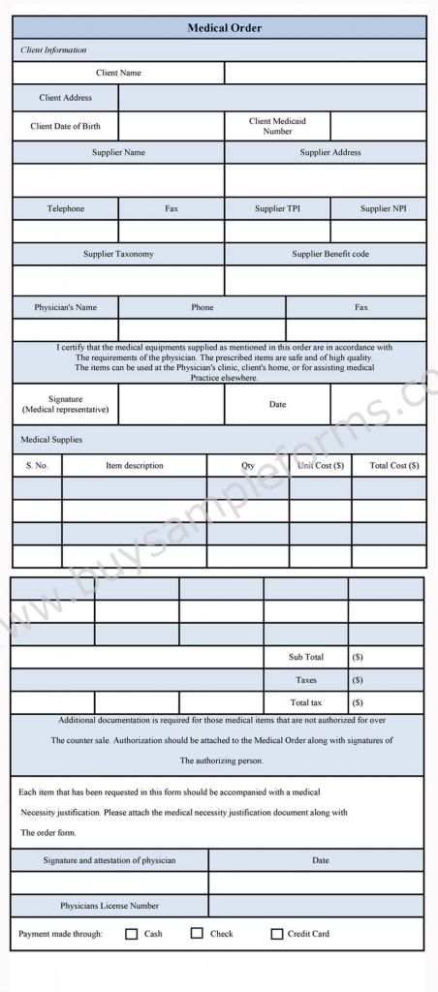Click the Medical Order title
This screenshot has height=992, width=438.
click(x=225, y=28)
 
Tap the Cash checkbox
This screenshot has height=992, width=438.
click(x=132, y=934)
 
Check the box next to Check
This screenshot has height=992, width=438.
click(x=197, y=933)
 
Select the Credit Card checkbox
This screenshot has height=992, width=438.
click(x=277, y=934)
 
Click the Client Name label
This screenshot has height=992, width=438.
click(x=118, y=73)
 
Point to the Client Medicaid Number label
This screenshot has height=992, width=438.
click(x=277, y=126)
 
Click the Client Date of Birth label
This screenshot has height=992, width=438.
click(x=65, y=126)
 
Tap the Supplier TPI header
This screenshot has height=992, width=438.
click(x=277, y=208)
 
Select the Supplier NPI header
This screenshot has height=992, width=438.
click(x=383, y=208)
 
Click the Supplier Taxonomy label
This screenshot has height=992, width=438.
click(x=118, y=254)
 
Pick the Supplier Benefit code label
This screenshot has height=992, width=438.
click(x=330, y=254)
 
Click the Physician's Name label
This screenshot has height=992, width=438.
click(x=65, y=307)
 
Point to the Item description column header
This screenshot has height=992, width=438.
click(x=135, y=466)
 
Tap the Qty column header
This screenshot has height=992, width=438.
click(x=248, y=466)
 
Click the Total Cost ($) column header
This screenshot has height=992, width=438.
click(x=394, y=466)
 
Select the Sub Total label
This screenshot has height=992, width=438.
click(x=306, y=657)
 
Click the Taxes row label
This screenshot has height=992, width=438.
click(x=306, y=680)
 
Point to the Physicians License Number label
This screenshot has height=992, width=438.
click(x=109, y=906)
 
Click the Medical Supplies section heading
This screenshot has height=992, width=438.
click(x=51, y=440)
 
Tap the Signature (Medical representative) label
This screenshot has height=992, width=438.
click(x=65, y=404)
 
